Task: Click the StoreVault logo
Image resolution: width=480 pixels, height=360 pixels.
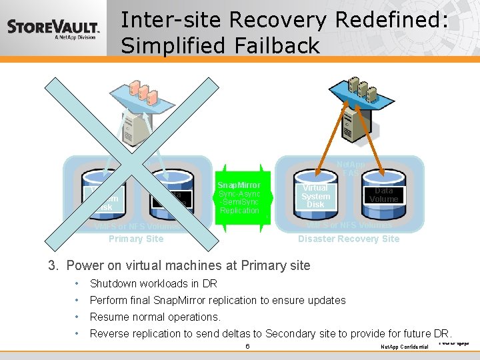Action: pyautogui.click(x=53, y=29)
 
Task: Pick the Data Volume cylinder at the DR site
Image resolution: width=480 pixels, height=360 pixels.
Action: pyautogui.click(x=383, y=195)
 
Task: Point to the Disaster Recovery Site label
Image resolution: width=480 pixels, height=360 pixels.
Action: pyautogui.click(x=349, y=239)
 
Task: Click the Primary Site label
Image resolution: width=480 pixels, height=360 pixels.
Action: pyautogui.click(x=135, y=239)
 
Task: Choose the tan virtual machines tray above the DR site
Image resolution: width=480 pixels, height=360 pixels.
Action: pyautogui.click(x=361, y=91)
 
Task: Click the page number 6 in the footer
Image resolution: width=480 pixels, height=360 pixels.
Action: pyautogui.click(x=247, y=347)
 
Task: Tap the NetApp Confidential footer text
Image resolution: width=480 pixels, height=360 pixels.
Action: pyautogui.click(x=404, y=347)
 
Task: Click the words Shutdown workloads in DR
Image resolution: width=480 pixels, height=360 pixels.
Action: pyautogui.click(x=153, y=283)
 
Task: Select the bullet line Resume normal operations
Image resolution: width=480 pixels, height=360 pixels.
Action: pyautogui.click(x=155, y=317)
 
